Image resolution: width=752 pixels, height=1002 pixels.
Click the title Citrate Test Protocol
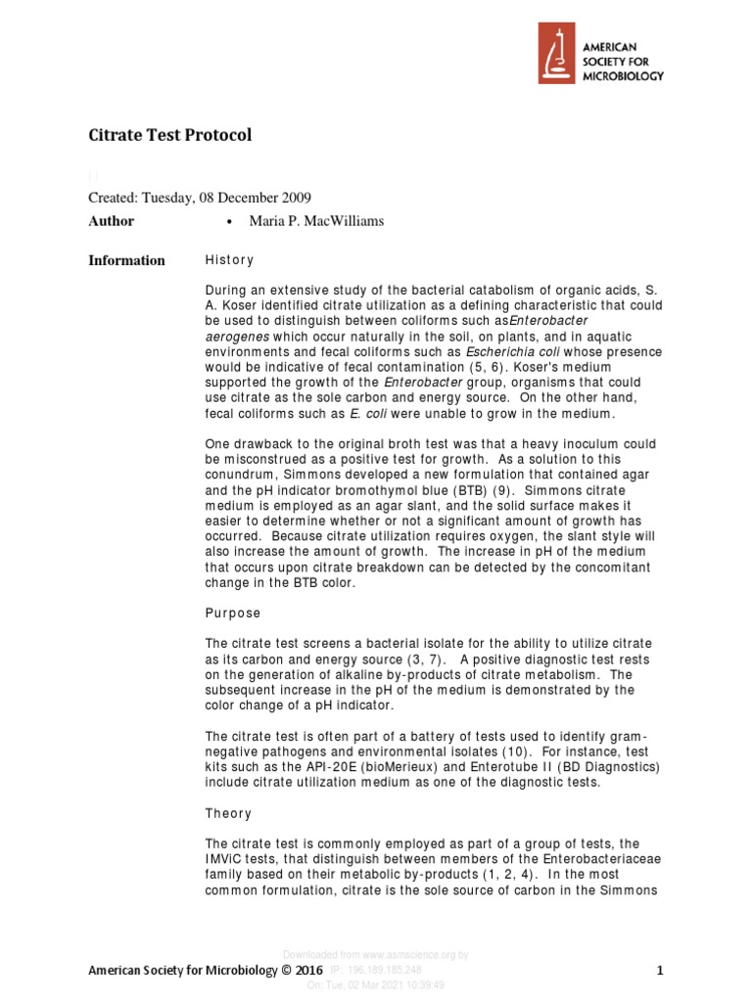(170, 135)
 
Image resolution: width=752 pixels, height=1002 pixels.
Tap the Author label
(112, 221)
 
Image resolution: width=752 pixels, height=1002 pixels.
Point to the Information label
(127, 260)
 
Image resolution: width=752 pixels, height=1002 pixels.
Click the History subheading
(229, 260)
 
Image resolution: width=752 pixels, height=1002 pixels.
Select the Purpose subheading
(233, 613)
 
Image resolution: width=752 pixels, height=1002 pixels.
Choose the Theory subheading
(228, 813)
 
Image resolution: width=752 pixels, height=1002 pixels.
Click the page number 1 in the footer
(660, 971)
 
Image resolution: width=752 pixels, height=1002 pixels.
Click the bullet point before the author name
(228, 222)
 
